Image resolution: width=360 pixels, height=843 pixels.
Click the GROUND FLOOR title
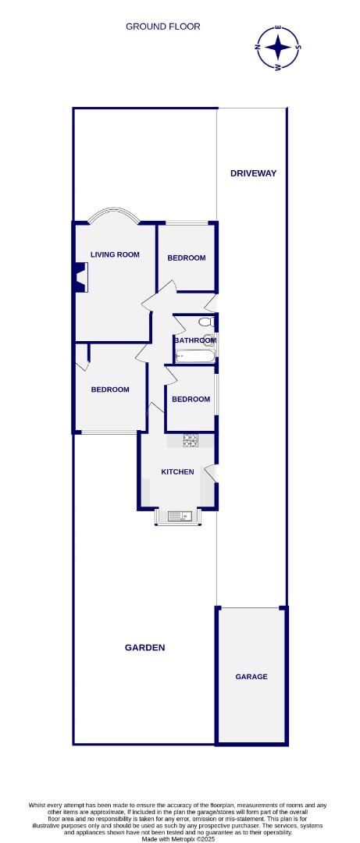pyautogui.click(x=162, y=27)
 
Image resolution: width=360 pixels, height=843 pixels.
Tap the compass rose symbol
pyautogui.click(x=278, y=48)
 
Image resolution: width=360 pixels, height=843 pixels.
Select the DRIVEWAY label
pyautogui.click(x=253, y=173)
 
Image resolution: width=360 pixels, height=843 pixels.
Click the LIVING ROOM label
pyautogui.click(x=115, y=254)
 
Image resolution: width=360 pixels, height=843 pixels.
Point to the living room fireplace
pyautogui.click(x=80, y=277)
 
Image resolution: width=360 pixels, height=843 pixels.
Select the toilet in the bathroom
pyautogui.click(x=207, y=322)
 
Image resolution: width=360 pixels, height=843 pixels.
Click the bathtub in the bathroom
pyautogui.click(x=195, y=355)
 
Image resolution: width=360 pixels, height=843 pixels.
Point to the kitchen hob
pyautogui.click(x=191, y=440)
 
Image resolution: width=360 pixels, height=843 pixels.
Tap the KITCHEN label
pyautogui.click(x=177, y=472)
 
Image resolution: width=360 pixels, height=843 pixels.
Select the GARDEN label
pyautogui.click(x=144, y=648)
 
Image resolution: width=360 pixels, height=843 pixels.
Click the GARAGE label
pyautogui.click(x=251, y=677)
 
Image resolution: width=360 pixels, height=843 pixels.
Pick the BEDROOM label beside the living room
pyautogui.click(x=186, y=258)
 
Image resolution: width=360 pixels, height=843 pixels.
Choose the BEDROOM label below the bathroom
pyautogui.click(x=191, y=400)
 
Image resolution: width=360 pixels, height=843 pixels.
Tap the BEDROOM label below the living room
pyautogui.click(x=110, y=389)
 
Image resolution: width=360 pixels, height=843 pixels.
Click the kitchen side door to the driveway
pyautogui.click(x=211, y=472)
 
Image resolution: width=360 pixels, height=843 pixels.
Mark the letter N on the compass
pyautogui.click(x=258, y=48)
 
